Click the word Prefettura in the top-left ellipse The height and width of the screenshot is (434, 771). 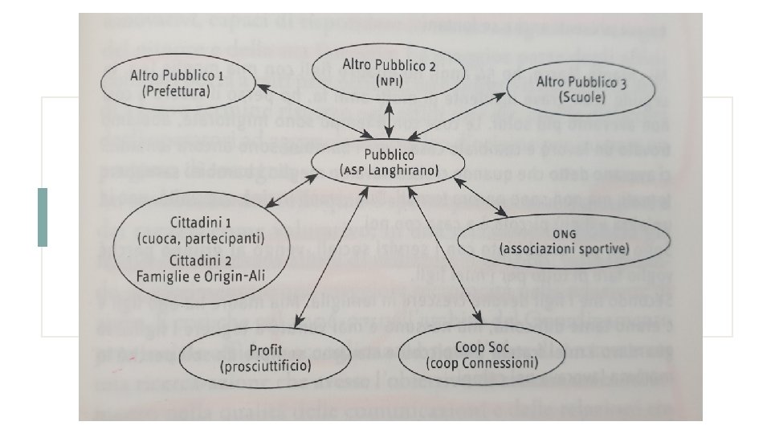(x=176, y=92)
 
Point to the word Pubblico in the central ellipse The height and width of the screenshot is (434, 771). (x=387, y=155)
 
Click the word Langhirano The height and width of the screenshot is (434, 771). (x=403, y=170)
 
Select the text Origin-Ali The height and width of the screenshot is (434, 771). (x=235, y=277)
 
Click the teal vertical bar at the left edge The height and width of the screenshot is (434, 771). (x=43, y=217)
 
